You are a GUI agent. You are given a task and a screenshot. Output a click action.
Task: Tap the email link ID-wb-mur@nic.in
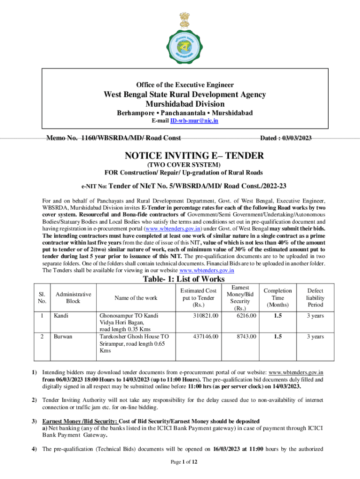[x=194, y=121]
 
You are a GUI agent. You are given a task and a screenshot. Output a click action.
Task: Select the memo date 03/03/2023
[x=286, y=138]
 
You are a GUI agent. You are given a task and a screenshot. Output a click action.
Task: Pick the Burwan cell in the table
[x=63, y=336]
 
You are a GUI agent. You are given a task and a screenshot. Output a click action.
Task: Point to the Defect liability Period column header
[x=315, y=298]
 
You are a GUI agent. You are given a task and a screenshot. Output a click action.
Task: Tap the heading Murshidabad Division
[x=185, y=104]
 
